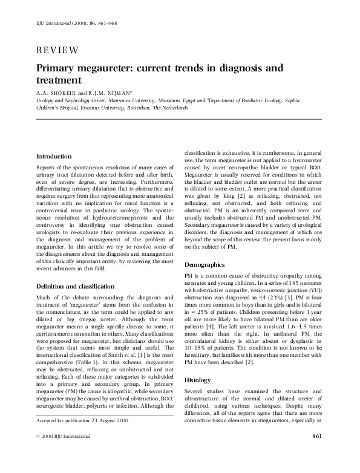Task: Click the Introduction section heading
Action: [54, 157]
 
